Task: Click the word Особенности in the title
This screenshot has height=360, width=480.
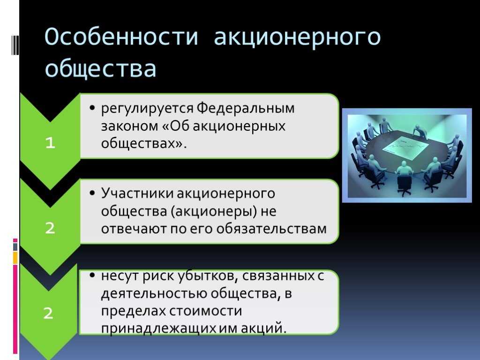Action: (121, 37)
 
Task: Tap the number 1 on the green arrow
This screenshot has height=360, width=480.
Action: (50, 142)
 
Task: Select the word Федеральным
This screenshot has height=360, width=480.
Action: (245, 108)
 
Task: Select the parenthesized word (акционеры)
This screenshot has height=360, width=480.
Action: (214, 211)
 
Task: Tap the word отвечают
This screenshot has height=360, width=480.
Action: (134, 229)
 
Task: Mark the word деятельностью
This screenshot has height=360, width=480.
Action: (154, 294)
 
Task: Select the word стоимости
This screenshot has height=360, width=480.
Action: (205, 311)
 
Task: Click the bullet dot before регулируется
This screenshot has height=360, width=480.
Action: (92, 108)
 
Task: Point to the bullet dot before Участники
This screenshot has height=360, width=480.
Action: (92, 193)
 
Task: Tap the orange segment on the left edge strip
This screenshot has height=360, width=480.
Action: (15, 258)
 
